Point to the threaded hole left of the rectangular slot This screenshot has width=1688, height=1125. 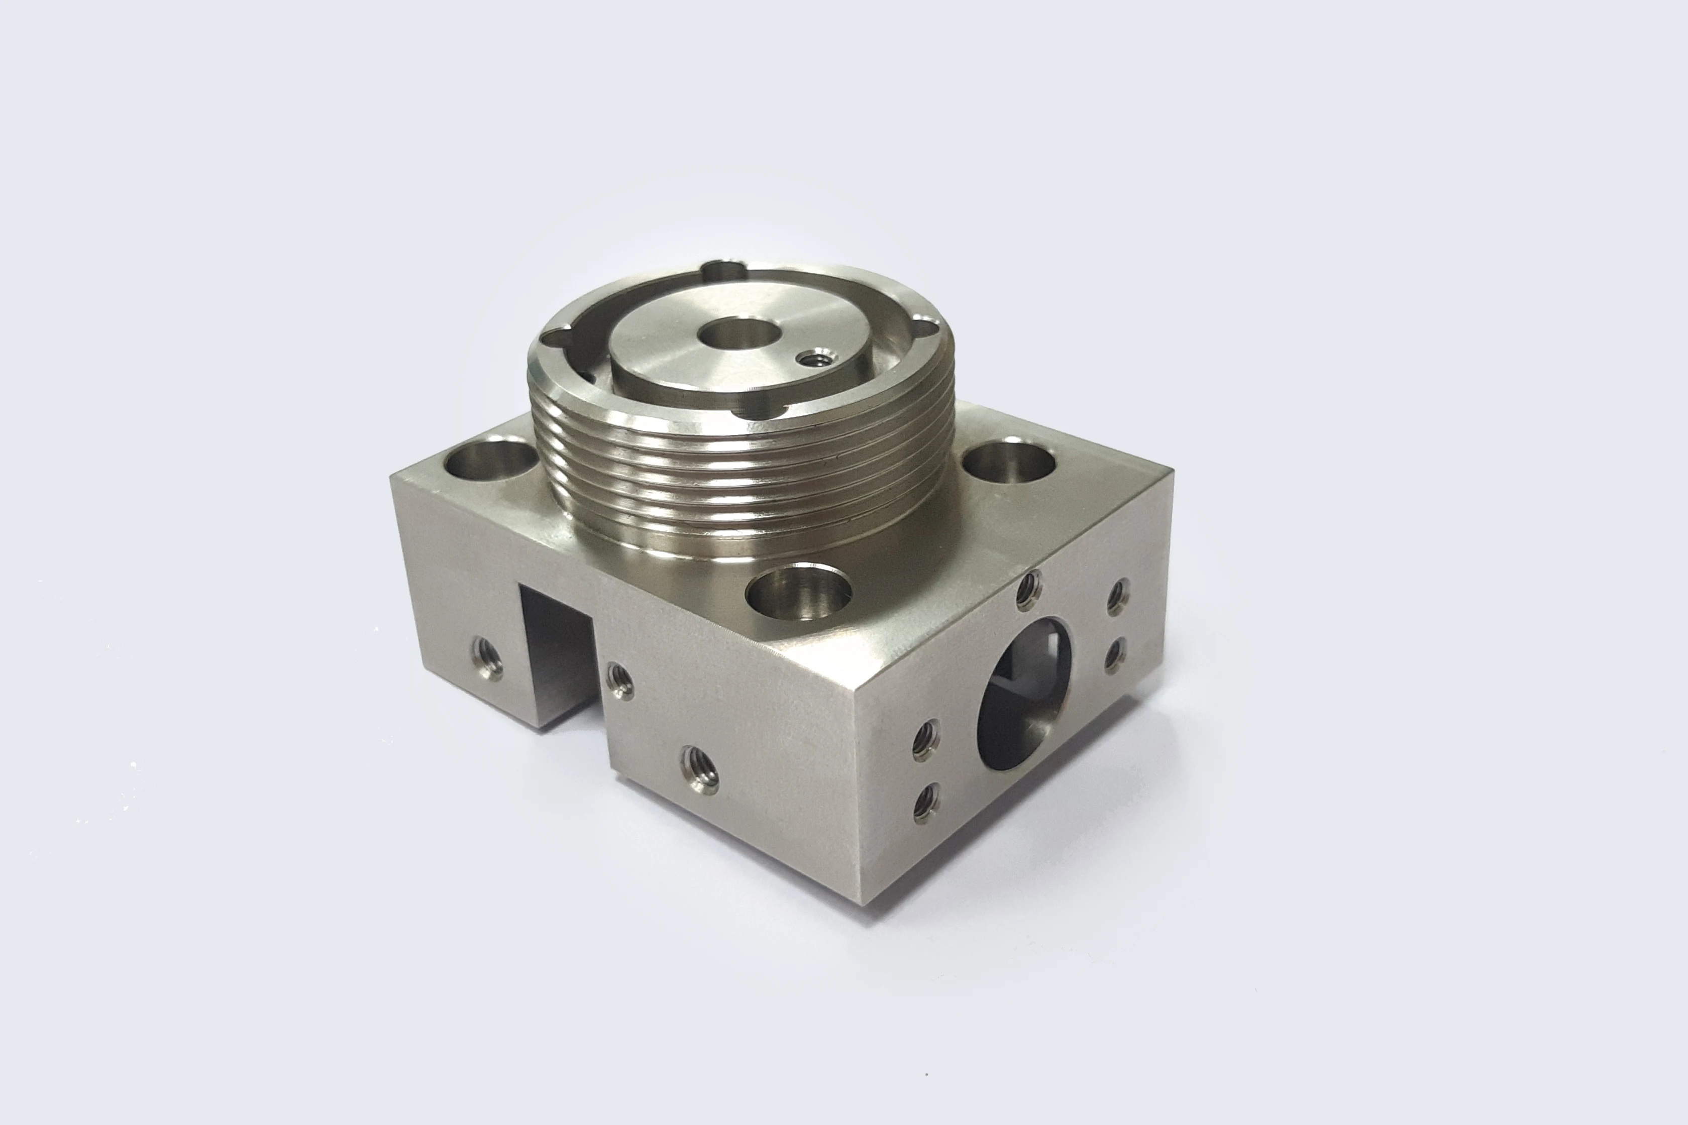click(x=487, y=658)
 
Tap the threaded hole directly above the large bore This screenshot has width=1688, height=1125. click(x=1029, y=591)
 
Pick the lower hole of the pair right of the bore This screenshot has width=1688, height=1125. click(x=1114, y=655)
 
